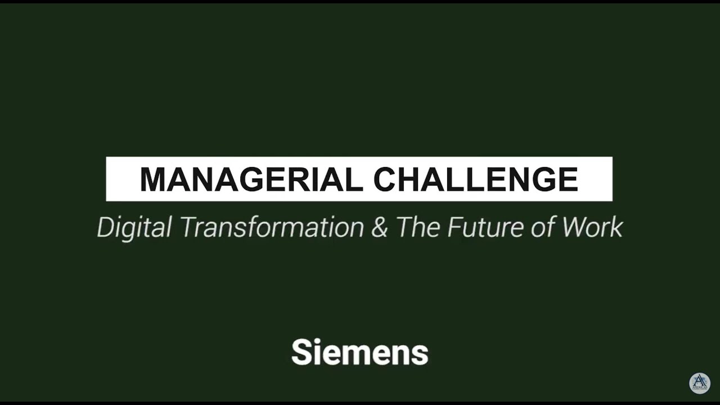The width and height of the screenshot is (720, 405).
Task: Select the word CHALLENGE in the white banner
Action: (x=476, y=179)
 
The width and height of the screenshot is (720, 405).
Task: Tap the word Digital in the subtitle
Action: (x=134, y=228)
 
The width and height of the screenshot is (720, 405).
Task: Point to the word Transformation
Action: (x=272, y=227)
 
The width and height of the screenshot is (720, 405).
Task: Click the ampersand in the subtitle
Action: (x=380, y=227)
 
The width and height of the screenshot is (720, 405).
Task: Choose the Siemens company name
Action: (x=360, y=353)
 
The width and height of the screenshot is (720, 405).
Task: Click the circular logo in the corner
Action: (x=700, y=383)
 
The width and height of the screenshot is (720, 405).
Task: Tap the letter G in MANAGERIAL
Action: (x=242, y=179)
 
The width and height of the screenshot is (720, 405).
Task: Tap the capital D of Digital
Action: (x=105, y=227)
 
